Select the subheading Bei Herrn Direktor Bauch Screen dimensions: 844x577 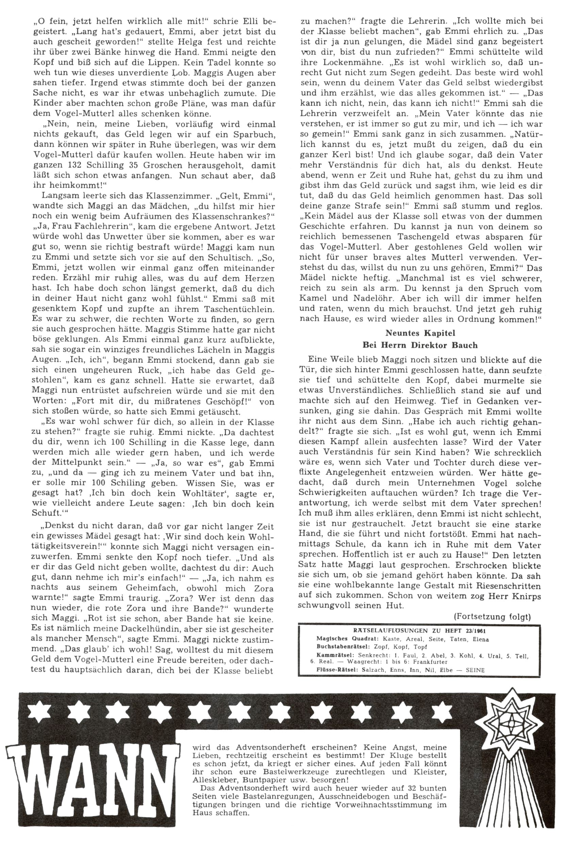420,345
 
